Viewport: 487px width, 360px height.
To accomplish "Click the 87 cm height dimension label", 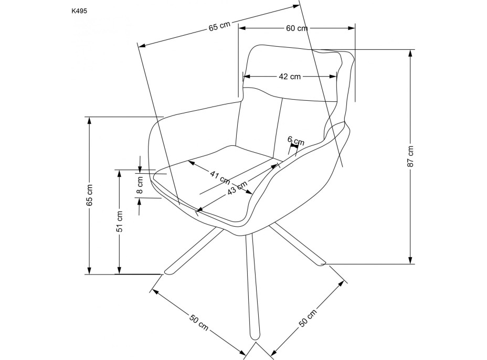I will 411,156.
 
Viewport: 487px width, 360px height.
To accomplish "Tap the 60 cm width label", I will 297,28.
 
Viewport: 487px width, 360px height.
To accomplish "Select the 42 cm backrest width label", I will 290,77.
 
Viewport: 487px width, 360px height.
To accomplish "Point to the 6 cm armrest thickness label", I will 296,141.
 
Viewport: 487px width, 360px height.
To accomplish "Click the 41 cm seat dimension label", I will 220,177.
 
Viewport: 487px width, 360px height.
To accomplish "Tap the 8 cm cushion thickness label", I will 140,186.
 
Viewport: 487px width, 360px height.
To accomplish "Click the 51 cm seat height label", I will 120,221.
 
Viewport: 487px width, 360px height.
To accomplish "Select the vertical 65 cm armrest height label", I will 90,195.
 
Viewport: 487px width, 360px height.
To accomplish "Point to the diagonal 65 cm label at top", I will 220,28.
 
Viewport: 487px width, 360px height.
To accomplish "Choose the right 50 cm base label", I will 309,319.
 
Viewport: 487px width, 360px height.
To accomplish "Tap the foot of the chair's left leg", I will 170,271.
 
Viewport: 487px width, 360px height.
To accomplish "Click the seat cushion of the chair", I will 220,173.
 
